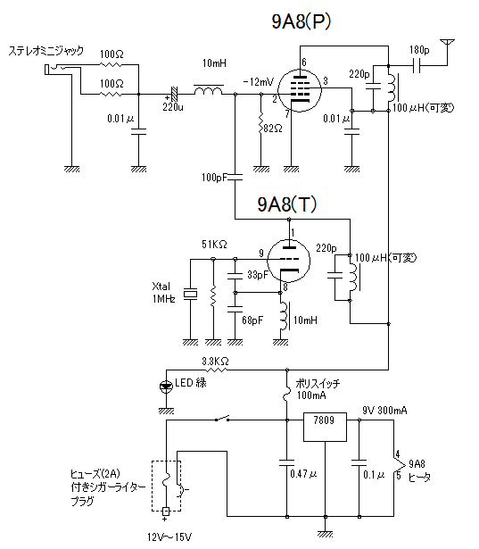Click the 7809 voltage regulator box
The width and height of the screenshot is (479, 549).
[325, 427]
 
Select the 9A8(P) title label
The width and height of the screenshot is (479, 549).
[301, 21]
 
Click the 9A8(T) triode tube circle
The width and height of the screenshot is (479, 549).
[289, 260]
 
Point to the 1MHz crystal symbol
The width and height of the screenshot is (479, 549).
[190, 294]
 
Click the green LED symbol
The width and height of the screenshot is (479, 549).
[166, 387]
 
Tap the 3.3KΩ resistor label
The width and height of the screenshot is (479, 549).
[215, 361]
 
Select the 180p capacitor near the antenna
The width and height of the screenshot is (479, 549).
[416, 65]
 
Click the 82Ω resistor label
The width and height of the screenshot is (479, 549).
[273, 129]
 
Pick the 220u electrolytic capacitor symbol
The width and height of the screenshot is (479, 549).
[174, 94]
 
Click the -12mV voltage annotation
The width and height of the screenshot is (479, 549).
[259, 82]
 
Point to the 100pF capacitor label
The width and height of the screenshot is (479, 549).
[214, 178]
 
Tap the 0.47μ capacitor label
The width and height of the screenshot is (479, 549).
[303, 474]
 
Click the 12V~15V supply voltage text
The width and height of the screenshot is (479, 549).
[169, 537]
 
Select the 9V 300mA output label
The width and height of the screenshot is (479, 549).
[384, 410]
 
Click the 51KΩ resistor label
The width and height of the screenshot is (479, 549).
[214, 244]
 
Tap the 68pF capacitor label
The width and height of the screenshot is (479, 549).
[252, 320]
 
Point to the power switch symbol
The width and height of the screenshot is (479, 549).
[222, 419]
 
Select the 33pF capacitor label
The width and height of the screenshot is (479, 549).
[258, 275]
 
